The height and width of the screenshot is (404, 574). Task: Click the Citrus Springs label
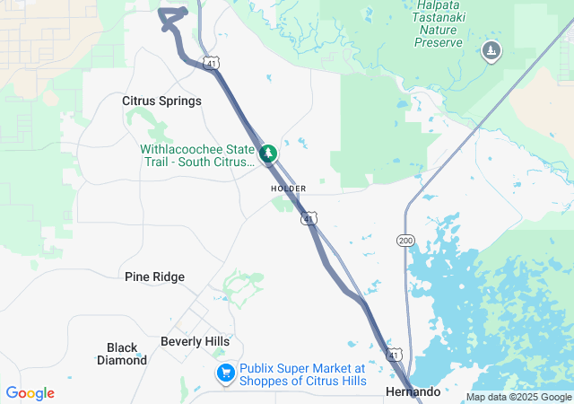[x=161, y=101]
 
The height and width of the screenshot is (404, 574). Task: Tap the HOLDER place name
[x=288, y=189]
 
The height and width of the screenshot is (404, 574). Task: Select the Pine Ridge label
[x=154, y=277]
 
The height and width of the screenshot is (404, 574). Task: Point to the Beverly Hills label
[x=195, y=341]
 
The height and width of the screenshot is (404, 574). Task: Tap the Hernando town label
[x=413, y=392]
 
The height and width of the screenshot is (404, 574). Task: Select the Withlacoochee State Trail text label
[x=197, y=155]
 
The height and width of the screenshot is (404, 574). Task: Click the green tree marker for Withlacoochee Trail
[x=268, y=154]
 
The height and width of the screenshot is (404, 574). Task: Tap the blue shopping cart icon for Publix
[x=225, y=373]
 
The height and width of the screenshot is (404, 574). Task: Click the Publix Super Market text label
[x=302, y=374]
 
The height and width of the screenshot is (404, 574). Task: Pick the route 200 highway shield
[x=404, y=240]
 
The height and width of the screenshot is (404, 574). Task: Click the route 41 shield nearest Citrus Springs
[x=210, y=64]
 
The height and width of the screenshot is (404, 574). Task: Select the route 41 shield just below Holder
[x=309, y=218]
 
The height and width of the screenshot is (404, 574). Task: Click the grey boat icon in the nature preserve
[x=491, y=51]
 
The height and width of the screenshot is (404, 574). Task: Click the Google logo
[x=30, y=393]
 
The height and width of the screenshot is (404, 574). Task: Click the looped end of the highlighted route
[x=172, y=18]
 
